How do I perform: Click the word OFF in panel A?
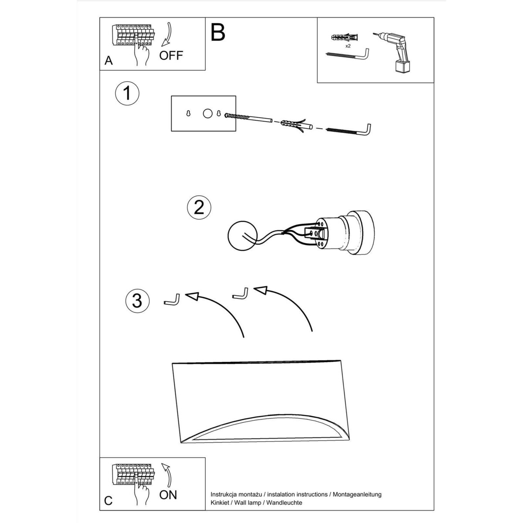tap(171, 56)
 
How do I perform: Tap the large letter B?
tap(217, 32)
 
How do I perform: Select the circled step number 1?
tap(127, 93)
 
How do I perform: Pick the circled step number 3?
tap(137, 301)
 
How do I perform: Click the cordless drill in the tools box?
tap(394, 52)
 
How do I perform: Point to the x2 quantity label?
tap(348, 46)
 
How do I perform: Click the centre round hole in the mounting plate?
tap(207, 113)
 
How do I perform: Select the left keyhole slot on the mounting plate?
tap(188, 113)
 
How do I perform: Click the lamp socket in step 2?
tap(344, 233)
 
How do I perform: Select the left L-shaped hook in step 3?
tap(172, 300)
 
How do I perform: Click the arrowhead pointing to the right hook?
tap(261, 290)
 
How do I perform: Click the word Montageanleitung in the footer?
tap(357, 495)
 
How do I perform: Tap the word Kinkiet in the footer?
tap(219, 503)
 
